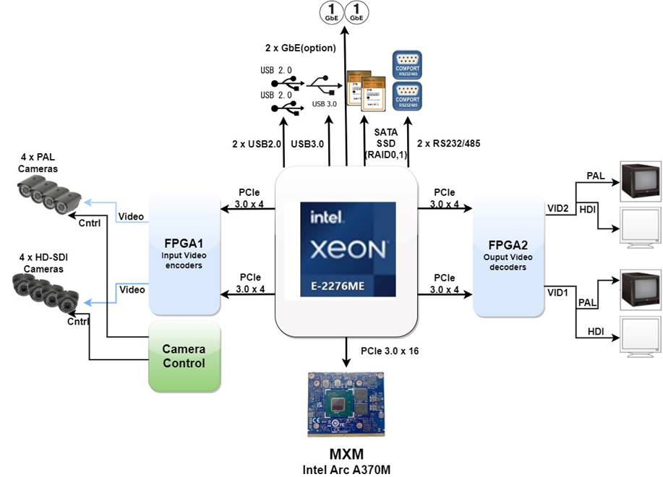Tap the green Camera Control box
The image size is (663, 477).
[184, 356]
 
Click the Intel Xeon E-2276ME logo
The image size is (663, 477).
[348, 249]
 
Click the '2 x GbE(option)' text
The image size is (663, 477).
[301, 49]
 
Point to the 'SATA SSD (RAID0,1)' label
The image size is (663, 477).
[386, 143]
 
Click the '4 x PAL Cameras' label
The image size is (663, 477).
[39, 163]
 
